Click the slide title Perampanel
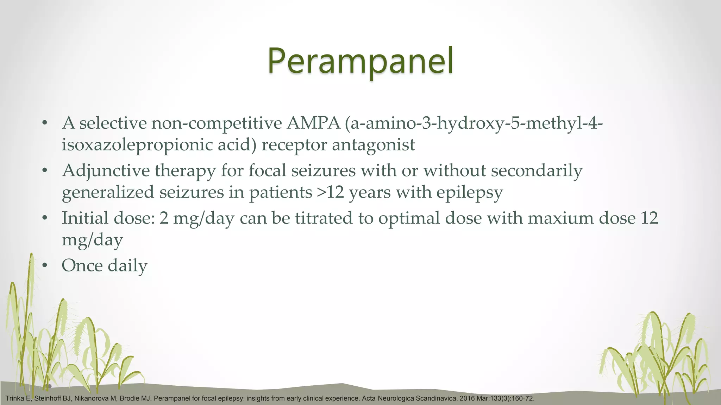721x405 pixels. click(x=360, y=62)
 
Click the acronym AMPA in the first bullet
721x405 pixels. click(x=313, y=123)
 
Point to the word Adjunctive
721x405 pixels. click(x=106, y=171)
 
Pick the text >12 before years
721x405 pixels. click(x=330, y=193)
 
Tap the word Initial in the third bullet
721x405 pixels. click(x=85, y=218)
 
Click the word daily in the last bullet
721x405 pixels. click(x=127, y=265)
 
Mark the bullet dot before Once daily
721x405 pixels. click(x=44, y=265)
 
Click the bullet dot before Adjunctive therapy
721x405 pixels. click(x=44, y=171)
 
